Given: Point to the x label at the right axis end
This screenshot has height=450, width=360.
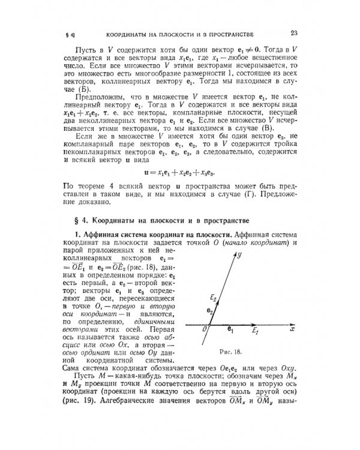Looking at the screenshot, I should pyautogui.click(x=290, y=329).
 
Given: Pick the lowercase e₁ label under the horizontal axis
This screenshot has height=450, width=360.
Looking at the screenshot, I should pyautogui.click(x=230, y=330).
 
